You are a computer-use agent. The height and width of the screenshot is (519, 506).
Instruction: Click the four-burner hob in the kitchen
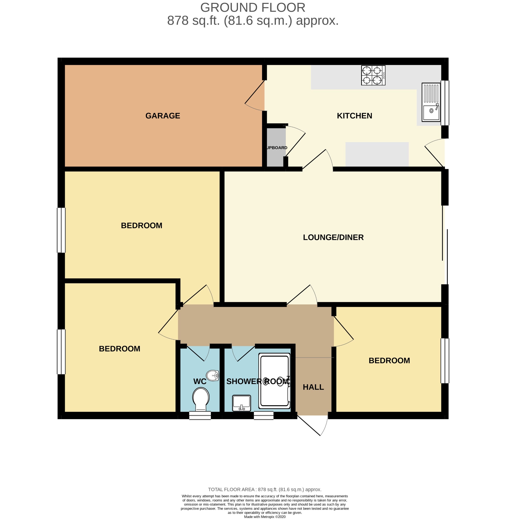(x=373, y=75)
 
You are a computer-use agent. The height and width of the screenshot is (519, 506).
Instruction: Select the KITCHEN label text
(x=355, y=116)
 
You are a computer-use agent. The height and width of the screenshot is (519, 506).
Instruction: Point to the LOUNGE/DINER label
(x=333, y=237)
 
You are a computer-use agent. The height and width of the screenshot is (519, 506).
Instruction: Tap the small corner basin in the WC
(x=213, y=375)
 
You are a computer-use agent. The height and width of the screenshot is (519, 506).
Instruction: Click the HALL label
(x=313, y=387)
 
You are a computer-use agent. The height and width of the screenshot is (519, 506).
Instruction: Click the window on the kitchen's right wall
(x=445, y=103)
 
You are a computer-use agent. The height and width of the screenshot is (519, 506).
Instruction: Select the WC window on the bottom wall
(x=200, y=415)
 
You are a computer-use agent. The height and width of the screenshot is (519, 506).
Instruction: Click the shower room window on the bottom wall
(x=264, y=415)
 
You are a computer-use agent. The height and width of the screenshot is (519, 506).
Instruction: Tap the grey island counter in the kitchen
(x=377, y=154)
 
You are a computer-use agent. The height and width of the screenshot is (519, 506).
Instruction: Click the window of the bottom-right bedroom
(x=445, y=361)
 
